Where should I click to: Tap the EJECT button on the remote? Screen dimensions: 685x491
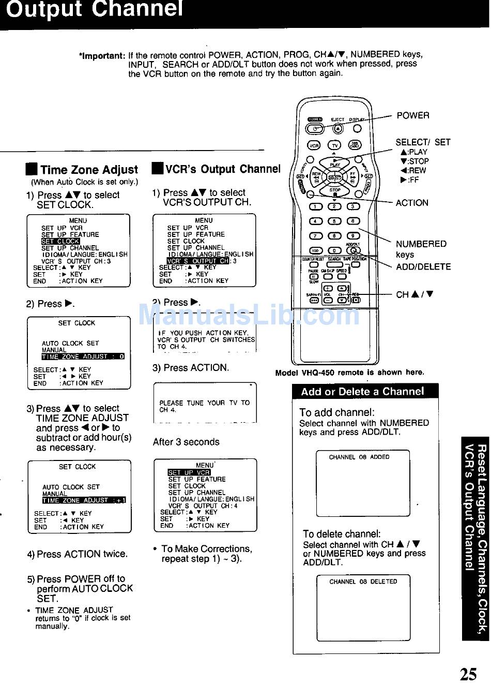coord(337,129)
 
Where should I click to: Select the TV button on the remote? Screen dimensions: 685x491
coord(335,146)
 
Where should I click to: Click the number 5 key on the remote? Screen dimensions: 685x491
coord(334,221)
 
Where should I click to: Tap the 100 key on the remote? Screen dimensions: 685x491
coord(316,250)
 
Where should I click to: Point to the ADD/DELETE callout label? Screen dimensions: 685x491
coord(423,267)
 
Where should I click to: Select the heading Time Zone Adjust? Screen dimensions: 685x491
coord(89,170)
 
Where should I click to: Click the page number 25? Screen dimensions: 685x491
coord(468,674)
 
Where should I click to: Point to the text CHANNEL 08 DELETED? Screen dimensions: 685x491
coord(363,582)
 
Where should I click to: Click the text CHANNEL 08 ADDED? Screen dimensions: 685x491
coord(359,457)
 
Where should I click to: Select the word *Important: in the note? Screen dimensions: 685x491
coord(102,55)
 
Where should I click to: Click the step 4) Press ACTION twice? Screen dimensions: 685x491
coord(78,554)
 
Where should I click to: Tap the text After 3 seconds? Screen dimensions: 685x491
coord(186,442)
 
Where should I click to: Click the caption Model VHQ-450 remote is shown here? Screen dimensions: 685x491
coord(349,373)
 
